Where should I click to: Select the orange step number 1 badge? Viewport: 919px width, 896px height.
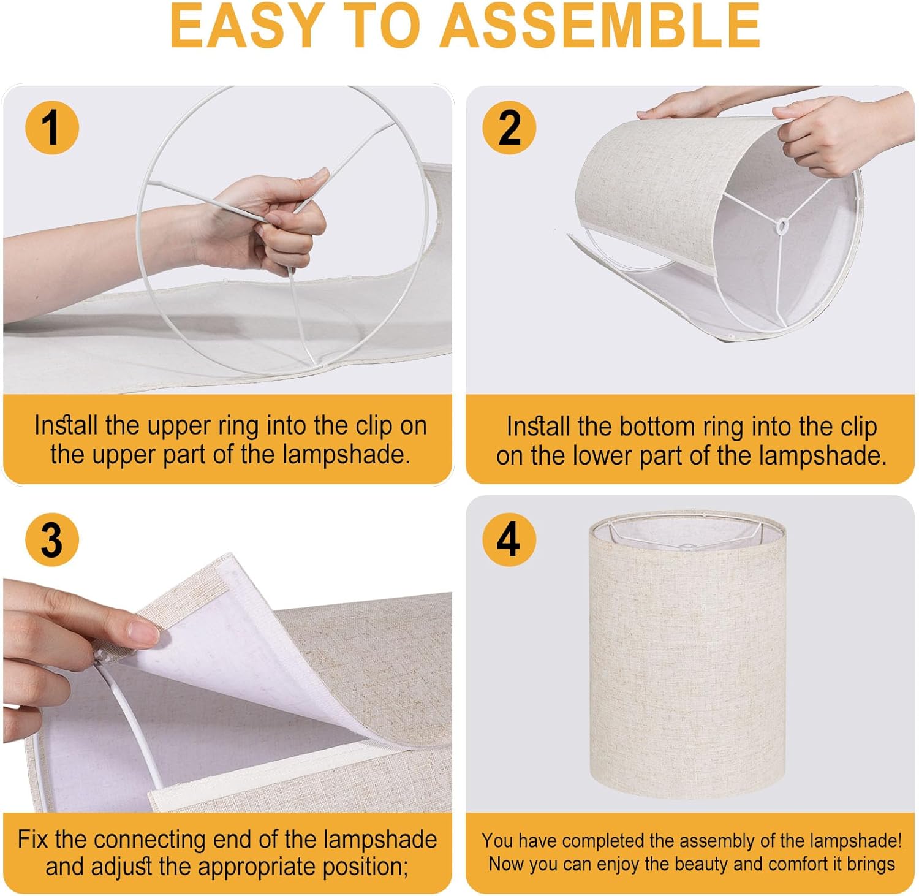52,127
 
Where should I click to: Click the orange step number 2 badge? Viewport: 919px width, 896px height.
509,127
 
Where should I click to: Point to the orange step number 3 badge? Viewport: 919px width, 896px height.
52,540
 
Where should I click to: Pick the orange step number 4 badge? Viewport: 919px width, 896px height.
509,540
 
